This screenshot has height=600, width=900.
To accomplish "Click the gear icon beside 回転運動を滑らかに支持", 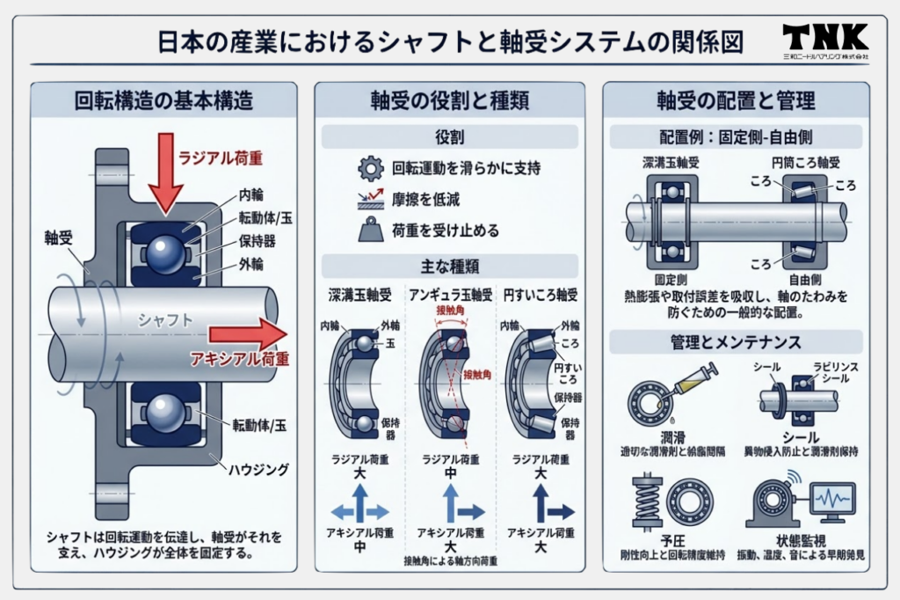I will tap(371, 168).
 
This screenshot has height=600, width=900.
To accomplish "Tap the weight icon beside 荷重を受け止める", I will tap(371, 230).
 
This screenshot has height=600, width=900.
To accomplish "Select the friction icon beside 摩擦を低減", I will tap(371, 200).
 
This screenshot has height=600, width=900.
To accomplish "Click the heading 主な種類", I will tap(449, 266).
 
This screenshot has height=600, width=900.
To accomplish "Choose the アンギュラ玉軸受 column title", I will tap(449, 294).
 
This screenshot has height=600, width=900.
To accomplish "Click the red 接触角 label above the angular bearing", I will tap(450, 311).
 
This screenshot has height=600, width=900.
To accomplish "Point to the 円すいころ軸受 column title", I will tap(539, 294).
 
